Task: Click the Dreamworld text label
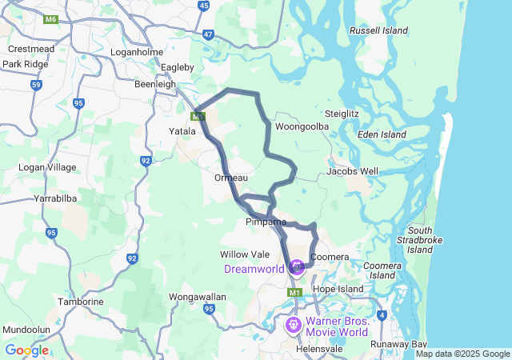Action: tap(254, 269)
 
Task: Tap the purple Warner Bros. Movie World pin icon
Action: tap(294, 325)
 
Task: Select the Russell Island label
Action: tap(379, 31)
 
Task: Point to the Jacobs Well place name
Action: tap(353, 171)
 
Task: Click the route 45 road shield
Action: tap(203, 6)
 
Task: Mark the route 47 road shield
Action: tap(208, 34)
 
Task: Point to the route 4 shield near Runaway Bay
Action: tap(382, 315)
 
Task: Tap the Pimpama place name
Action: tap(266, 222)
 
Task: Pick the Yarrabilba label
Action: tap(54, 198)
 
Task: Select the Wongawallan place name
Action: tap(195, 297)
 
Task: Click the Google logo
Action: tap(26, 350)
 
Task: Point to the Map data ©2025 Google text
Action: tap(462, 354)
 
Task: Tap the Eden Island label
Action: tap(381, 135)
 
